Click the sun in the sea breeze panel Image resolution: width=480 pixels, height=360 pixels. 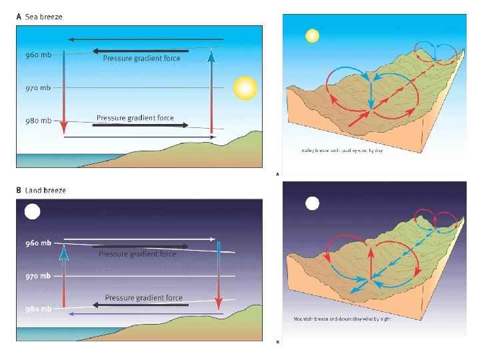pos(245,87)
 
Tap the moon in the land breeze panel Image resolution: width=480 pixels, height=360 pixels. pos(32,212)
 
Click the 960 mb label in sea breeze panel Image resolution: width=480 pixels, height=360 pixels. pos(37,55)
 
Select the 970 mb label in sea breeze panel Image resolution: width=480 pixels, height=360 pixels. pos(37,88)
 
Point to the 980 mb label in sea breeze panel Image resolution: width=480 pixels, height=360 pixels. pos(37,121)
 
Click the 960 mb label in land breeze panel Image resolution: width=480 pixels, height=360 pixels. pos(37,243)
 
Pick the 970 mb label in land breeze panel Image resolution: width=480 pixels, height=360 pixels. pos(37,276)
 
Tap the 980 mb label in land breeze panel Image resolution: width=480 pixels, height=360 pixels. pos(37,309)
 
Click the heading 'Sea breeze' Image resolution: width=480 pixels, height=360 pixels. pos(43,17)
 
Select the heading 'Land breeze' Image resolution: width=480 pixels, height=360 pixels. pos(45,191)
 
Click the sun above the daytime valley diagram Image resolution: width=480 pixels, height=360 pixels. pos(311,35)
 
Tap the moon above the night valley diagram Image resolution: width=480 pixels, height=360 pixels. pos(311,203)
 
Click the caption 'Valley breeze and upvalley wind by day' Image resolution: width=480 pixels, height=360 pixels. pos(342,151)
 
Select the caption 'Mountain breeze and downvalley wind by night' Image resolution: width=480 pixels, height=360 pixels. pos(342,319)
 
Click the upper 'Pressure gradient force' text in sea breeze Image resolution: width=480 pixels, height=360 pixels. pos(141,59)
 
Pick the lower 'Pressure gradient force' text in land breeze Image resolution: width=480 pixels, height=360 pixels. pos(143,297)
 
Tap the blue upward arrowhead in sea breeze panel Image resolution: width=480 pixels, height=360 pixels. pos(211,56)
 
